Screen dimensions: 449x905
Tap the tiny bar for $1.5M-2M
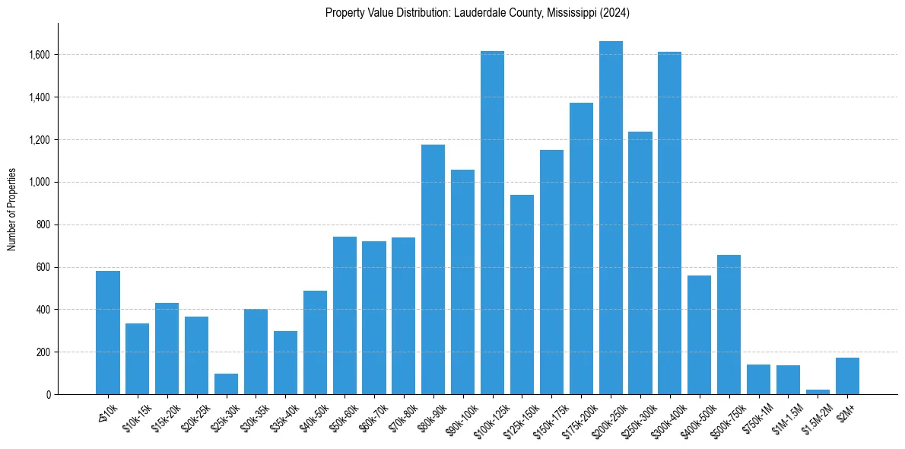coord(818,392)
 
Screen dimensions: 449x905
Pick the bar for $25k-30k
coord(226,384)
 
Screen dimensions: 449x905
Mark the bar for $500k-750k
coord(729,324)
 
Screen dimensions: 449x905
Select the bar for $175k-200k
coord(581,248)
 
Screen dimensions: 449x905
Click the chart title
coord(477,13)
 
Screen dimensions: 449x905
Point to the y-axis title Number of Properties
coord(12,209)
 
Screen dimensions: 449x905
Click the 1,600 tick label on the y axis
coord(40,55)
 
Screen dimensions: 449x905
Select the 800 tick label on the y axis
coord(43,224)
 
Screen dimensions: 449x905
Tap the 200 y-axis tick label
coord(43,352)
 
